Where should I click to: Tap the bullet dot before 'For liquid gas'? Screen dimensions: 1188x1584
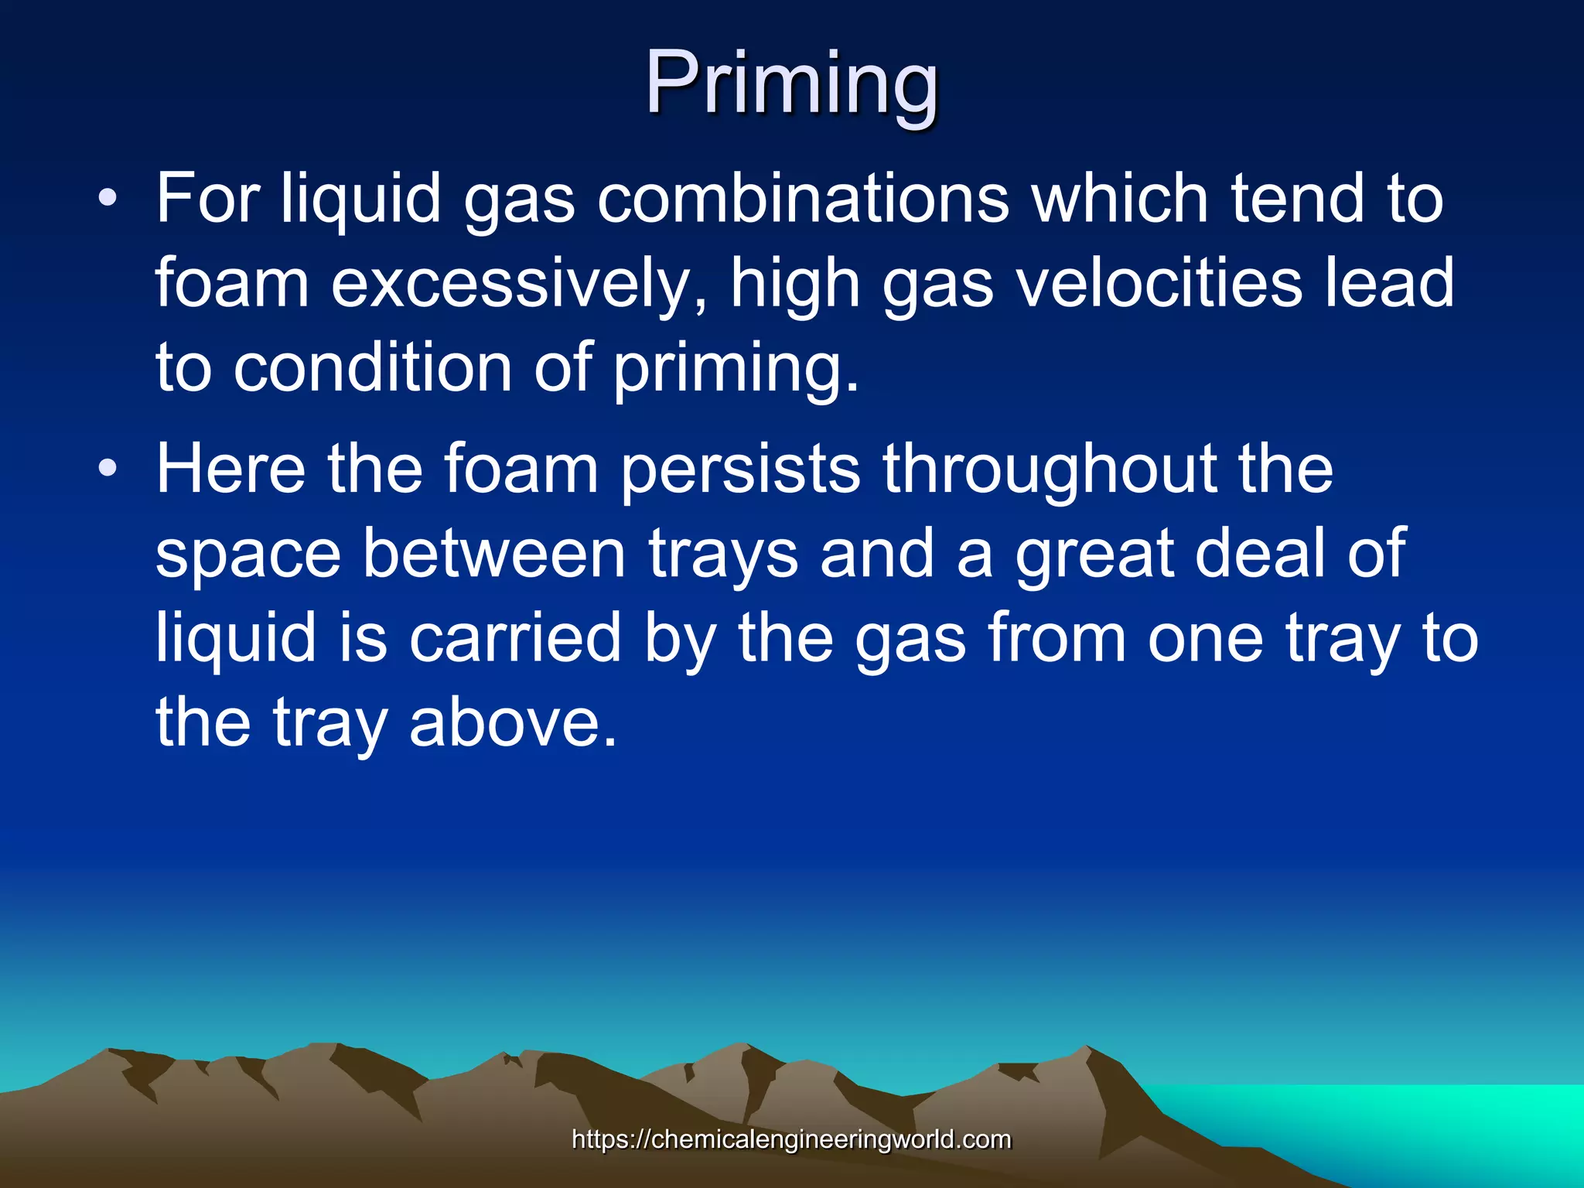[x=108, y=199]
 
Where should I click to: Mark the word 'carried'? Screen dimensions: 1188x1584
[x=515, y=638]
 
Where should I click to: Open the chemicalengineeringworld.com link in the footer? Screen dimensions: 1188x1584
[x=791, y=1139]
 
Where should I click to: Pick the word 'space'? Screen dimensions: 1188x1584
[x=248, y=554]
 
